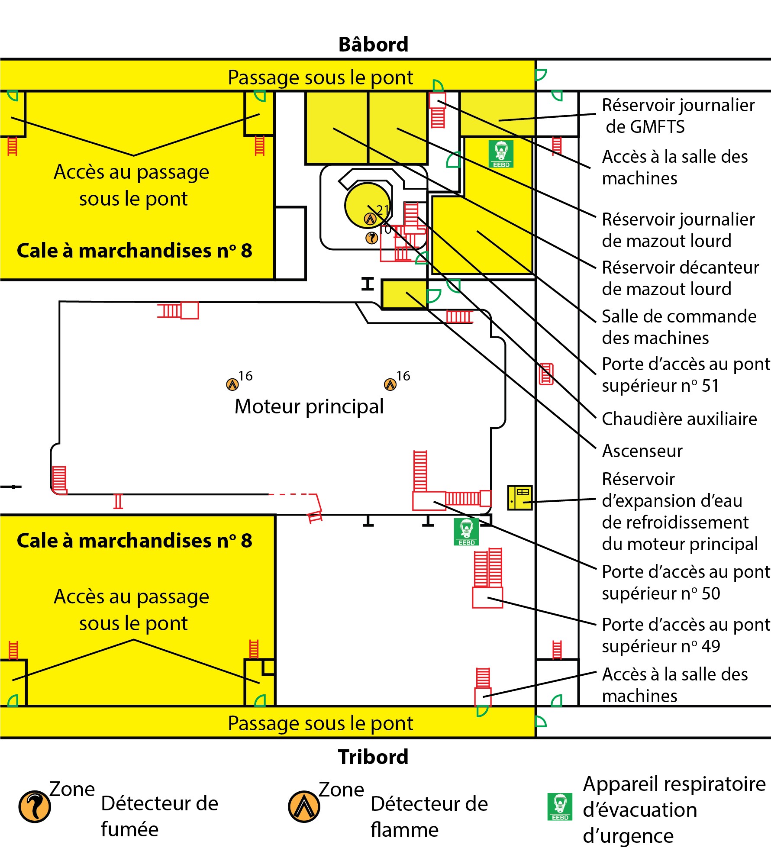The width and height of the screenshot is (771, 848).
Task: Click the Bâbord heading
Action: pos(373,45)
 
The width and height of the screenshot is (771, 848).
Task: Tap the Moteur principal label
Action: pos(309,406)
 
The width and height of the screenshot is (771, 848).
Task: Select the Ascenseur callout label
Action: pos(642,451)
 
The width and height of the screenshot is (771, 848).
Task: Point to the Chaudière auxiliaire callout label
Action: pos(679,419)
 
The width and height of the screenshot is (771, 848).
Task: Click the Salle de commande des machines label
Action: pos(679,327)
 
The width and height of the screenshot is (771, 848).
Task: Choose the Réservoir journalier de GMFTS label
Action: pos(678,116)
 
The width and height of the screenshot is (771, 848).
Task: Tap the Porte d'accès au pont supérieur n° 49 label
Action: pos(686,635)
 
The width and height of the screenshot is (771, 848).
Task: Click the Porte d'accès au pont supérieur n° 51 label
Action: pos(686,375)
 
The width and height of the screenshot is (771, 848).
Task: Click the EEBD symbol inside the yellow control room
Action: pos(501,154)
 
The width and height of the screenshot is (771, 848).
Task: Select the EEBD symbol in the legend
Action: pos(560,807)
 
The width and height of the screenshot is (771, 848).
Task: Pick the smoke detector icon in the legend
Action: pos(35,806)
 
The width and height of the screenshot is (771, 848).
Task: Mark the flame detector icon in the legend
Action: pos(304,806)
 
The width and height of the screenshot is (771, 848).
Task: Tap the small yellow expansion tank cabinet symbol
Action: pos(519,498)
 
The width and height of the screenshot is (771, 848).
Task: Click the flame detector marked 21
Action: pos(370,219)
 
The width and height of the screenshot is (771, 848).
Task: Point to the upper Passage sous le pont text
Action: pos(320,77)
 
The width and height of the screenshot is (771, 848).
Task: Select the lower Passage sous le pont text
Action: pos(320,723)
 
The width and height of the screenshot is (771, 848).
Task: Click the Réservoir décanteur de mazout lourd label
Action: pos(680,278)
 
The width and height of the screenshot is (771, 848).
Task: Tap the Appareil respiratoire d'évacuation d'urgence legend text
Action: pos(674,809)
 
